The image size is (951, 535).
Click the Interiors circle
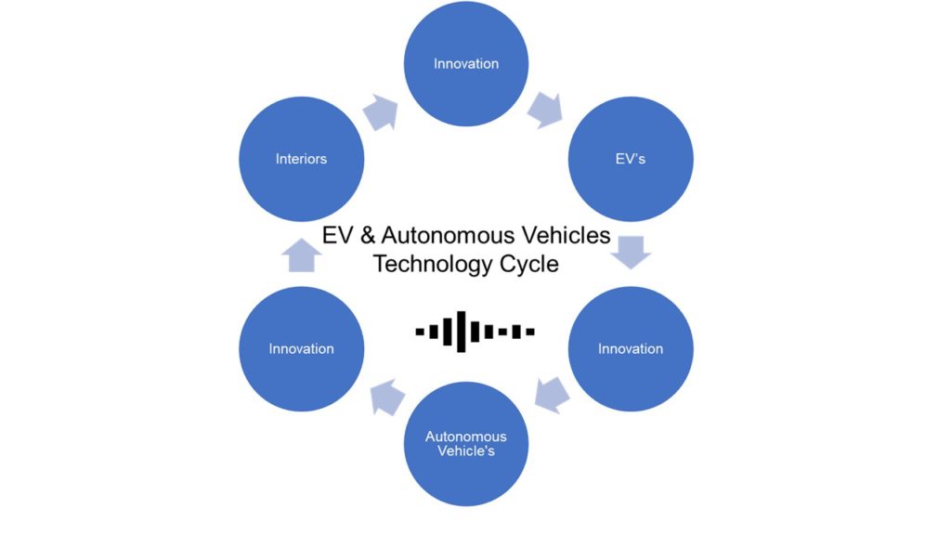(302, 159)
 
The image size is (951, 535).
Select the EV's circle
(631, 159)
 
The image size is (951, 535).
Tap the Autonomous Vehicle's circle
(466, 444)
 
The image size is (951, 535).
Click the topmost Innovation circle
(466, 64)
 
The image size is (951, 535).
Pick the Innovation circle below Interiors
(302, 348)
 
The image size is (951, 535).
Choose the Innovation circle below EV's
(631, 348)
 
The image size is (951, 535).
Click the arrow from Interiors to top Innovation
(380, 111)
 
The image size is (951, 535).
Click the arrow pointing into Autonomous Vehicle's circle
(552, 396)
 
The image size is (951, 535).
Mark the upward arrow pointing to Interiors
(302, 254)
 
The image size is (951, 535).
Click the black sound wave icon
(475, 331)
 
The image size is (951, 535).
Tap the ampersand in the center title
(367, 235)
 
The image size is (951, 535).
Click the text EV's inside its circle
(631, 159)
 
